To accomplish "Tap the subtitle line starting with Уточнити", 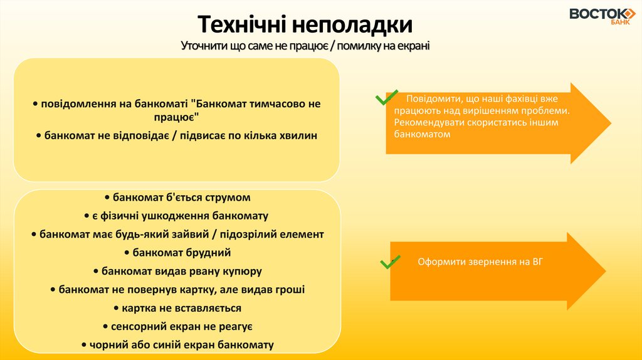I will pos(305,46).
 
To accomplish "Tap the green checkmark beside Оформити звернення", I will pos(389,262).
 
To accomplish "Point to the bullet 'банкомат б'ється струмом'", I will pos(177,198).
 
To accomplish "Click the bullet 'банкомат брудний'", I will pos(177,253).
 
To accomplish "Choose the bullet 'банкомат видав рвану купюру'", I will pos(177,272).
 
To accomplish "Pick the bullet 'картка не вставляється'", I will pos(177,308).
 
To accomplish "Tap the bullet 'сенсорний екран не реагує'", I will pos(177,327).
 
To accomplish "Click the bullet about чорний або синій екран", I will pos(177,345).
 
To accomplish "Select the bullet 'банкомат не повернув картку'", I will pos(177,290).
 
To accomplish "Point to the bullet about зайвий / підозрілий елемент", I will pos(177,235).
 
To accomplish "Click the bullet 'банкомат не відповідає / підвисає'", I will pos(177,135).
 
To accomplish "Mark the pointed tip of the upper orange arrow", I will pos(609,123).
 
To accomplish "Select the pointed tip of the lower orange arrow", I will pos(606,270).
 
